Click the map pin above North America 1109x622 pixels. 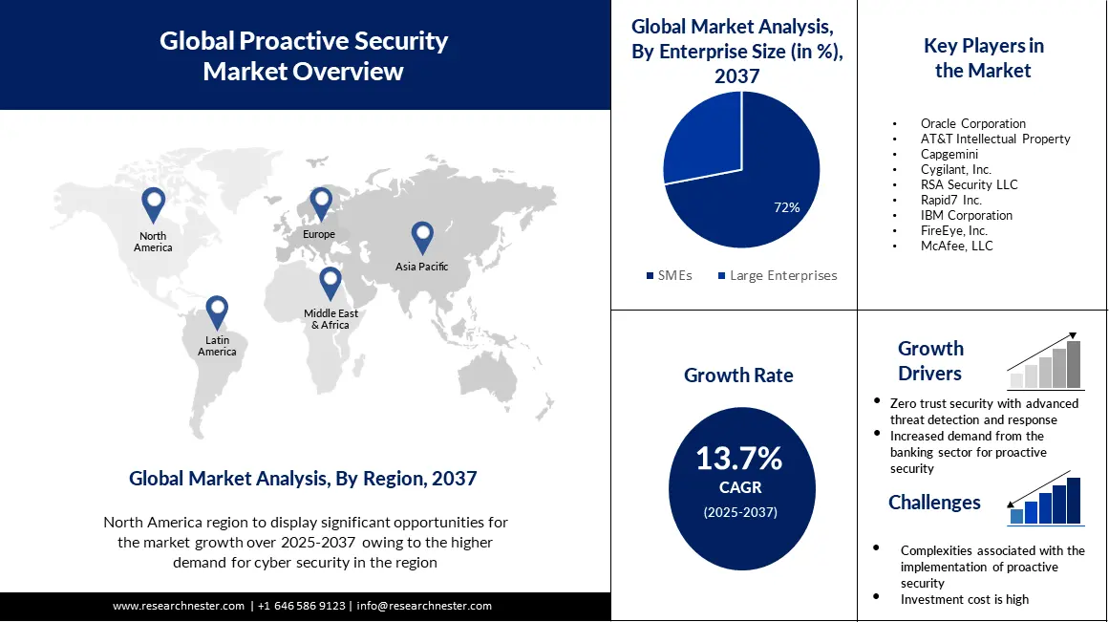click(153, 204)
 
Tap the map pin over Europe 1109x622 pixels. click(320, 203)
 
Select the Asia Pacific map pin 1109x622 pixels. click(422, 236)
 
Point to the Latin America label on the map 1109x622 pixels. click(217, 346)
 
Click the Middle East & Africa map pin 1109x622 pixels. click(330, 282)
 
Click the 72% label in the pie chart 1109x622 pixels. click(787, 206)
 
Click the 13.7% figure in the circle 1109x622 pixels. click(738, 459)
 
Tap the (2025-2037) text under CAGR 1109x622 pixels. click(740, 512)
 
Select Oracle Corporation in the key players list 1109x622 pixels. click(972, 123)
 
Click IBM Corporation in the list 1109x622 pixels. click(966, 215)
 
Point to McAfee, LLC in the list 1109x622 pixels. click(956, 246)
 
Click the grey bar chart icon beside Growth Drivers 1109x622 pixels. click(1046, 365)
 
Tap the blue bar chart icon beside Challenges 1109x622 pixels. click(1046, 502)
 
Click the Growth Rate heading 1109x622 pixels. click(738, 375)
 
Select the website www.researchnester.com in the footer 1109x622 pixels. click(179, 606)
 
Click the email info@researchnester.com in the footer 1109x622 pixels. click(424, 606)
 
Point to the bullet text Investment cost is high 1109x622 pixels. click(964, 599)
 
